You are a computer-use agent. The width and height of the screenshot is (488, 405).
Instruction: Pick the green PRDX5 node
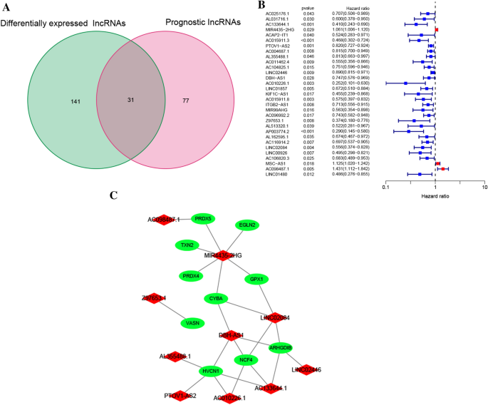coord(204,218)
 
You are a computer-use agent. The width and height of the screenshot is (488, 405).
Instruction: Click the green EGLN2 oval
coord(247,225)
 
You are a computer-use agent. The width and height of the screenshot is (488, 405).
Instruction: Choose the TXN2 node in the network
coord(187,245)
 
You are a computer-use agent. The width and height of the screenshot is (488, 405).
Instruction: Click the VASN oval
coord(192,323)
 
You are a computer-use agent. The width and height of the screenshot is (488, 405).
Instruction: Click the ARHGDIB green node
coord(280,348)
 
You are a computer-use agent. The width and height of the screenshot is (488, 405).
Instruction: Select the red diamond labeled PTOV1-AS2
coord(180,394)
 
